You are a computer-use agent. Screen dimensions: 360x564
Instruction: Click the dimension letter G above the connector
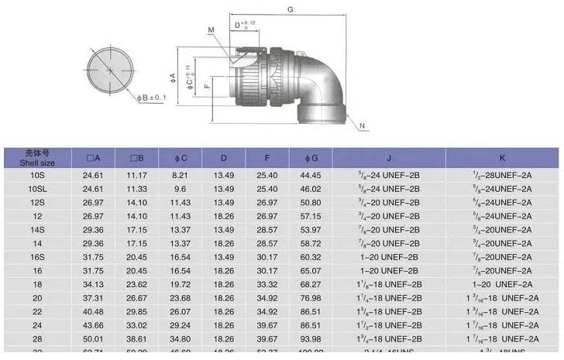tap(289, 9)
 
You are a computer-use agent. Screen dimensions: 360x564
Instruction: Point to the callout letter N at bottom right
tap(363, 125)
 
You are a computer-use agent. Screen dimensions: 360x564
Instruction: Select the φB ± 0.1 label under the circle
tap(151, 98)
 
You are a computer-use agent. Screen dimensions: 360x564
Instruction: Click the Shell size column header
tap(37, 158)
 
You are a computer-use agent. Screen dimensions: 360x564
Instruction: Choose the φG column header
tap(311, 159)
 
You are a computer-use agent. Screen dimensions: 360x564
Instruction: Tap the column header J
tap(389, 159)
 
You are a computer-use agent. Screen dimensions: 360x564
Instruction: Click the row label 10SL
tap(37, 189)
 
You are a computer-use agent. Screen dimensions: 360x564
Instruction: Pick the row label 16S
tap(37, 257)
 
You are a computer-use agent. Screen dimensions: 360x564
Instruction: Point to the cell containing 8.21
tap(180, 176)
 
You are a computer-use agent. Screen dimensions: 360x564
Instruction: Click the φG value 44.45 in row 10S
tap(311, 176)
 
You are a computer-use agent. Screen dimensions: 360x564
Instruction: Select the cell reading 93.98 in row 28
tap(311, 339)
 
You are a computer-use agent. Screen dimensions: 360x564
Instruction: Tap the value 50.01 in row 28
tap(93, 339)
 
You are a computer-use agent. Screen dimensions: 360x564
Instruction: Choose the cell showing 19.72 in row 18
tap(180, 284)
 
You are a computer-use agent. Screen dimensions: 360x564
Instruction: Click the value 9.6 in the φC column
tap(180, 189)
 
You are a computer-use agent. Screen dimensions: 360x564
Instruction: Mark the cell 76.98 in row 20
tap(311, 298)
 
